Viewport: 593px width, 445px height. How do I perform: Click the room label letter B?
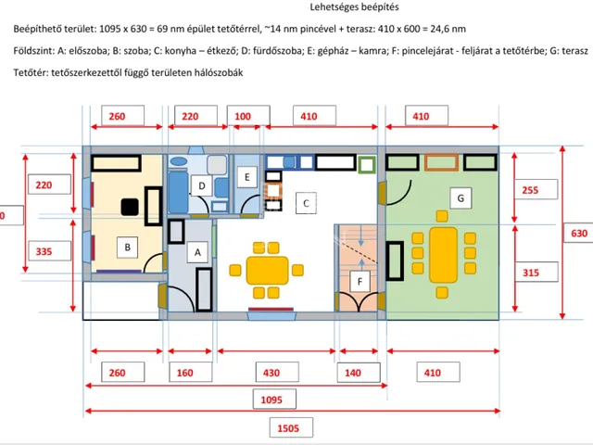[x=128, y=248]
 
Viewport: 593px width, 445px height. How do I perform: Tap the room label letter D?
[x=202, y=185]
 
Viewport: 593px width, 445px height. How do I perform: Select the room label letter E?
[x=247, y=177]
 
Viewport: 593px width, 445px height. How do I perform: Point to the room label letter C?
[x=306, y=203]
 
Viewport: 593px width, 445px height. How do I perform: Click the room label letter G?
[x=461, y=197]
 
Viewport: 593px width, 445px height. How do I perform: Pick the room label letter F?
[x=360, y=281]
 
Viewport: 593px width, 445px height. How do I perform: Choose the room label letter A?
[x=197, y=252]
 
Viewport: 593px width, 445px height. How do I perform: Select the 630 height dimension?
[x=578, y=233]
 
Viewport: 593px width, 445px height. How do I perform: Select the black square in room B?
[x=130, y=207]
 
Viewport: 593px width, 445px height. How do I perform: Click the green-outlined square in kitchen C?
[x=367, y=165]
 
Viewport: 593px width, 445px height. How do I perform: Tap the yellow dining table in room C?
[x=268, y=270]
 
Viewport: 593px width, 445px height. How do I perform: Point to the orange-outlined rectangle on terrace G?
[x=441, y=162]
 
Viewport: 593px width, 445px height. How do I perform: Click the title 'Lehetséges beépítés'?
[x=354, y=7]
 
